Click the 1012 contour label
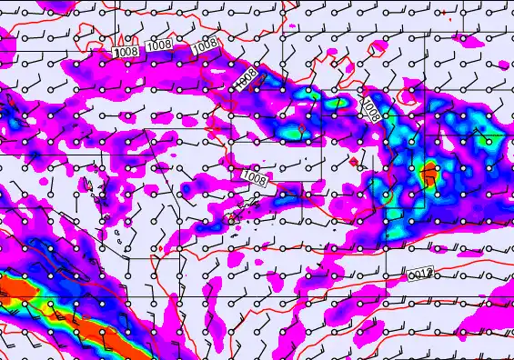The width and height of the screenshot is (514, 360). tap(418, 273)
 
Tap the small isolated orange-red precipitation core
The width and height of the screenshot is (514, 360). tap(428, 172)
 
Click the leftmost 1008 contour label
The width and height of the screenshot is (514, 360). tap(126, 53)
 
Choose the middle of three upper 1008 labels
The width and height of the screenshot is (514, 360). tap(159, 44)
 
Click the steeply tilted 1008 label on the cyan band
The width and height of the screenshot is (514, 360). tap(370, 111)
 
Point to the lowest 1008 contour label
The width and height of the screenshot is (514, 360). tap(256, 179)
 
